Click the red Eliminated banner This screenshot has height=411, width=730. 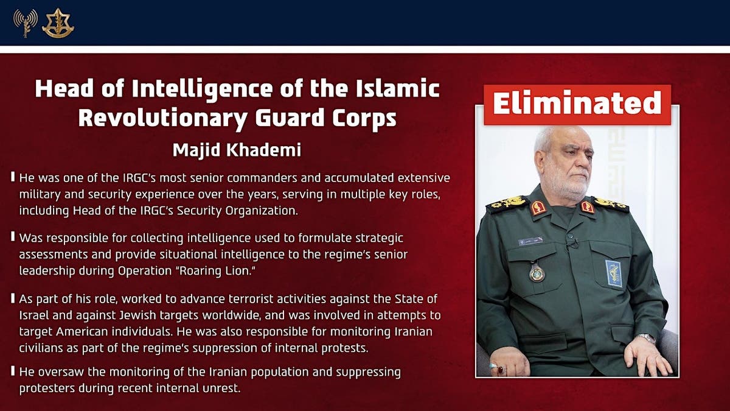tap(577, 104)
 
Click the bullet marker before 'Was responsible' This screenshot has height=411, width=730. tap(13, 237)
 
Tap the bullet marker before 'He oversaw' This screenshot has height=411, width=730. tap(13, 371)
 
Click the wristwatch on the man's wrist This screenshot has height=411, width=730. tap(645, 338)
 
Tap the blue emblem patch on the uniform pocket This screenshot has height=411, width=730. tap(613, 273)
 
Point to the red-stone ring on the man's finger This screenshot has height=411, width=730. tap(501, 370)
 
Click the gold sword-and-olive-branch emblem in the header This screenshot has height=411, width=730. tap(58, 23)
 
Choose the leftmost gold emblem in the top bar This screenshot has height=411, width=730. tap(26, 23)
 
